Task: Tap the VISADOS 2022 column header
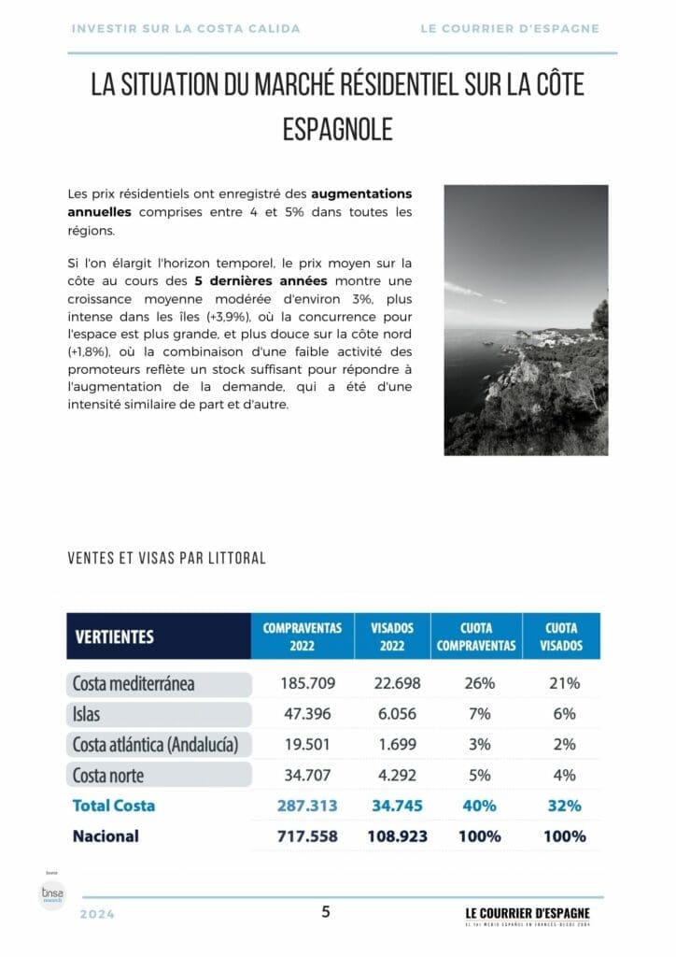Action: (x=392, y=636)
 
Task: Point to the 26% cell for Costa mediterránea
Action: (x=479, y=683)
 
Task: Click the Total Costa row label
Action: (x=114, y=805)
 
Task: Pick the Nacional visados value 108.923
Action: (x=392, y=836)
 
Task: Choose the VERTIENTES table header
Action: (x=114, y=637)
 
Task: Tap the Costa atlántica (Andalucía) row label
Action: (x=155, y=745)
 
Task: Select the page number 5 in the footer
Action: (x=326, y=912)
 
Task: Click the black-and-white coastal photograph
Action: (x=526, y=320)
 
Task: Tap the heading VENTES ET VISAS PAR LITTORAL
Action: (x=167, y=558)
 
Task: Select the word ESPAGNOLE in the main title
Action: (x=337, y=129)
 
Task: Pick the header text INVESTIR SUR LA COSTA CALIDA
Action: (x=186, y=28)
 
